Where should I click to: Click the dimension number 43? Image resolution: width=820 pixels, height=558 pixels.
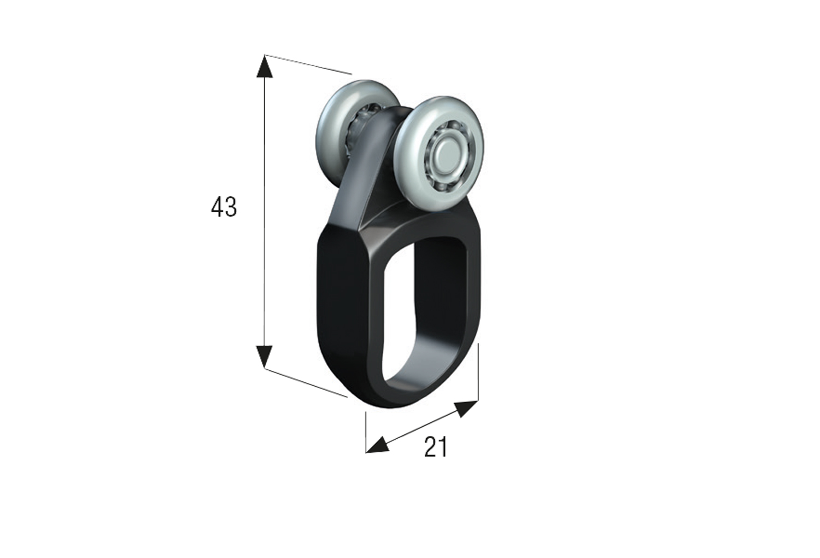[224, 207]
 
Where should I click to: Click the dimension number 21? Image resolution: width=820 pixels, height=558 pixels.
[436, 447]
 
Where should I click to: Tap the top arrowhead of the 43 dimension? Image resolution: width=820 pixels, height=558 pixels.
[264, 67]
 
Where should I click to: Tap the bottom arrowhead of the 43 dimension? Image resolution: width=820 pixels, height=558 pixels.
[264, 356]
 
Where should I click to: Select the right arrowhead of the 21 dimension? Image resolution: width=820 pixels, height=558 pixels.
[467, 408]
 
